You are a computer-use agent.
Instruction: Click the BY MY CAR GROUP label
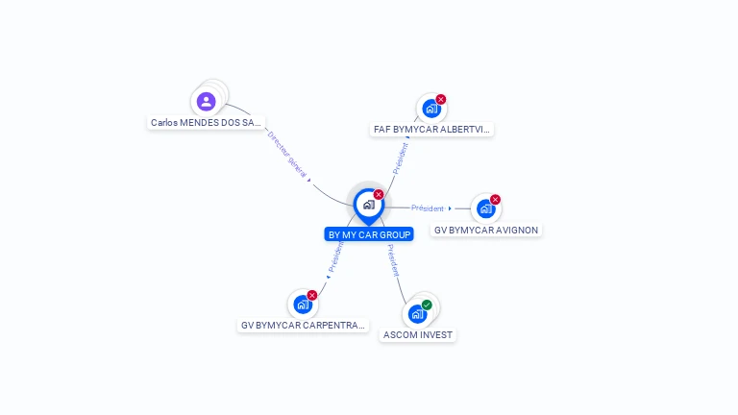pyautogui.click(x=369, y=234)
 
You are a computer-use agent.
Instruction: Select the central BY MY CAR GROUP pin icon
pyautogui.click(x=368, y=205)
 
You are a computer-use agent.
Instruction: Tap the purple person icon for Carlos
pyautogui.click(x=206, y=101)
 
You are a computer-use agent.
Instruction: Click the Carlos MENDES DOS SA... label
pyautogui.click(x=206, y=123)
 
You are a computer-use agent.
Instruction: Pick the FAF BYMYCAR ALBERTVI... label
pyautogui.click(x=432, y=130)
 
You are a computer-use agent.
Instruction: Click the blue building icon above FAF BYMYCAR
pyautogui.click(x=431, y=109)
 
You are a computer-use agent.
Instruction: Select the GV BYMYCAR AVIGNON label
pyautogui.click(x=486, y=231)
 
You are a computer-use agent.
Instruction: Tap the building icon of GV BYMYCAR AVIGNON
pyautogui.click(x=486, y=208)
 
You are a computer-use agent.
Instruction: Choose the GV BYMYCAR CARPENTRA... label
pyautogui.click(x=304, y=326)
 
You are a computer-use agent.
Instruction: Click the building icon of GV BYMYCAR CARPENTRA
pyautogui.click(x=303, y=305)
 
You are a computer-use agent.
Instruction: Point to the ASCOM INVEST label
pyautogui.click(x=417, y=335)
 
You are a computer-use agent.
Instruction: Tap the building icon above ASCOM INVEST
pyautogui.click(x=417, y=313)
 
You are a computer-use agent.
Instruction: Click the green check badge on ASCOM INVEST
pyautogui.click(x=427, y=305)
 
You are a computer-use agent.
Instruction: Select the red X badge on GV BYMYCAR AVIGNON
pyautogui.click(x=495, y=200)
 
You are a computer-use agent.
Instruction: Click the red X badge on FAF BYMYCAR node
pyautogui.click(x=441, y=99)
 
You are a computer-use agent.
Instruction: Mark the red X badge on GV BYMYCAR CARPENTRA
pyautogui.click(x=311, y=295)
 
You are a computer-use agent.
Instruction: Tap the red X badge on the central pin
pyautogui.click(x=379, y=194)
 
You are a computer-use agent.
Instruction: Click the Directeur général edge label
pyautogui.click(x=287, y=156)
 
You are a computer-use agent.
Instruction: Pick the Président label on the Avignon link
pyautogui.click(x=428, y=208)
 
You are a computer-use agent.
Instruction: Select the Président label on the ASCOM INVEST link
pyautogui.click(x=392, y=260)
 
